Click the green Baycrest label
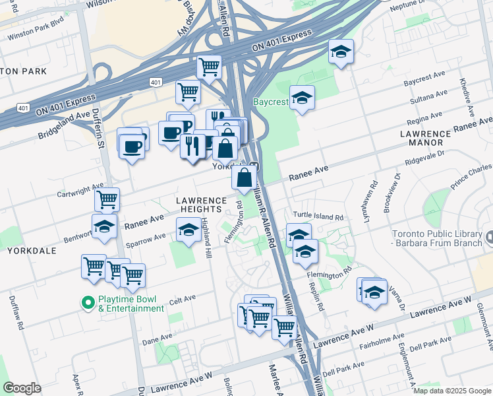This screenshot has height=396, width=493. tap(270, 103)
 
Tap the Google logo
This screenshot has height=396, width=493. tap(22, 388)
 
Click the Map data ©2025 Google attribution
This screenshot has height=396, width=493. tap(452, 391)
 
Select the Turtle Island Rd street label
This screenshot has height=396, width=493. tap(318, 216)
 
